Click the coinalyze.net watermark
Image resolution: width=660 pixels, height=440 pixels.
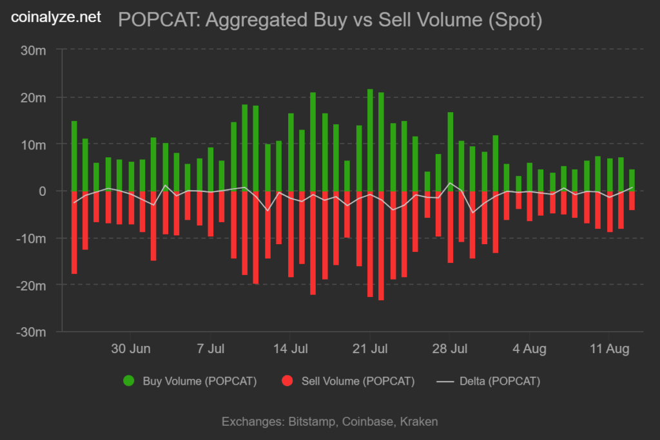click(56, 18)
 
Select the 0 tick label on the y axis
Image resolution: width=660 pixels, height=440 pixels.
click(43, 191)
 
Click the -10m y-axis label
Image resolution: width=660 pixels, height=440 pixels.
click(34, 238)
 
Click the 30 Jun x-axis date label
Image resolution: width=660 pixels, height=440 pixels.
click(131, 349)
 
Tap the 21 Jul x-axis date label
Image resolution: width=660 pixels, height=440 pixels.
click(370, 349)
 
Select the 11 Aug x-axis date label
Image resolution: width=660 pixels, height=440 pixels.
click(609, 349)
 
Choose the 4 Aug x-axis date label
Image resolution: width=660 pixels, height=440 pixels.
click(529, 349)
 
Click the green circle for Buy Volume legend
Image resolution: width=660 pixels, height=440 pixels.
click(129, 381)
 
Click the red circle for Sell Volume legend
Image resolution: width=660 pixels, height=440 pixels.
click(287, 381)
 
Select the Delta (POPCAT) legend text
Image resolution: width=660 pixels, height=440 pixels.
click(500, 381)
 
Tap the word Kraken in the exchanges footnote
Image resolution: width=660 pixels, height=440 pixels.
click(418, 422)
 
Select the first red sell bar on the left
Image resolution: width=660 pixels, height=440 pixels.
click(74, 232)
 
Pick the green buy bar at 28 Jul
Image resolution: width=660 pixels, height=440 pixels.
click(450, 151)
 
